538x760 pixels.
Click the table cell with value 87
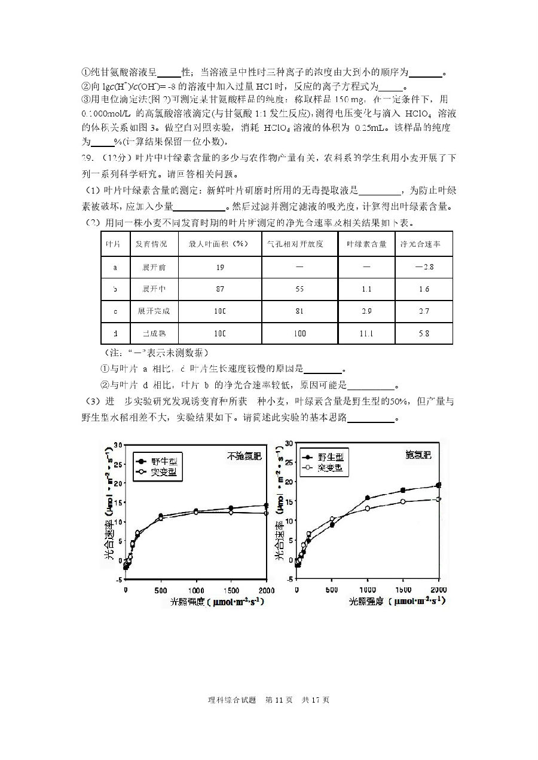click(220, 289)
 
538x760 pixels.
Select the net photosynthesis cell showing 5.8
click(423, 333)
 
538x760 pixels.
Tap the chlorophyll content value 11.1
click(366, 333)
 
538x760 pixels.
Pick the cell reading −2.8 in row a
click(423, 266)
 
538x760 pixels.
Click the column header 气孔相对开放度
click(299, 244)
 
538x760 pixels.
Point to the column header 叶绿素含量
click(366, 244)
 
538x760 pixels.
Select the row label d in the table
click(115, 333)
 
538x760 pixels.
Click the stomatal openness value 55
click(299, 289)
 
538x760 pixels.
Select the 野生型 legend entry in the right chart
click(331, 457)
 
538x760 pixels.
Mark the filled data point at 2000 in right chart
click(438, 485)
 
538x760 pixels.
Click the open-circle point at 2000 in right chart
click(438, 499)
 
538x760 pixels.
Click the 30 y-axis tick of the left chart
click(118, 445)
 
